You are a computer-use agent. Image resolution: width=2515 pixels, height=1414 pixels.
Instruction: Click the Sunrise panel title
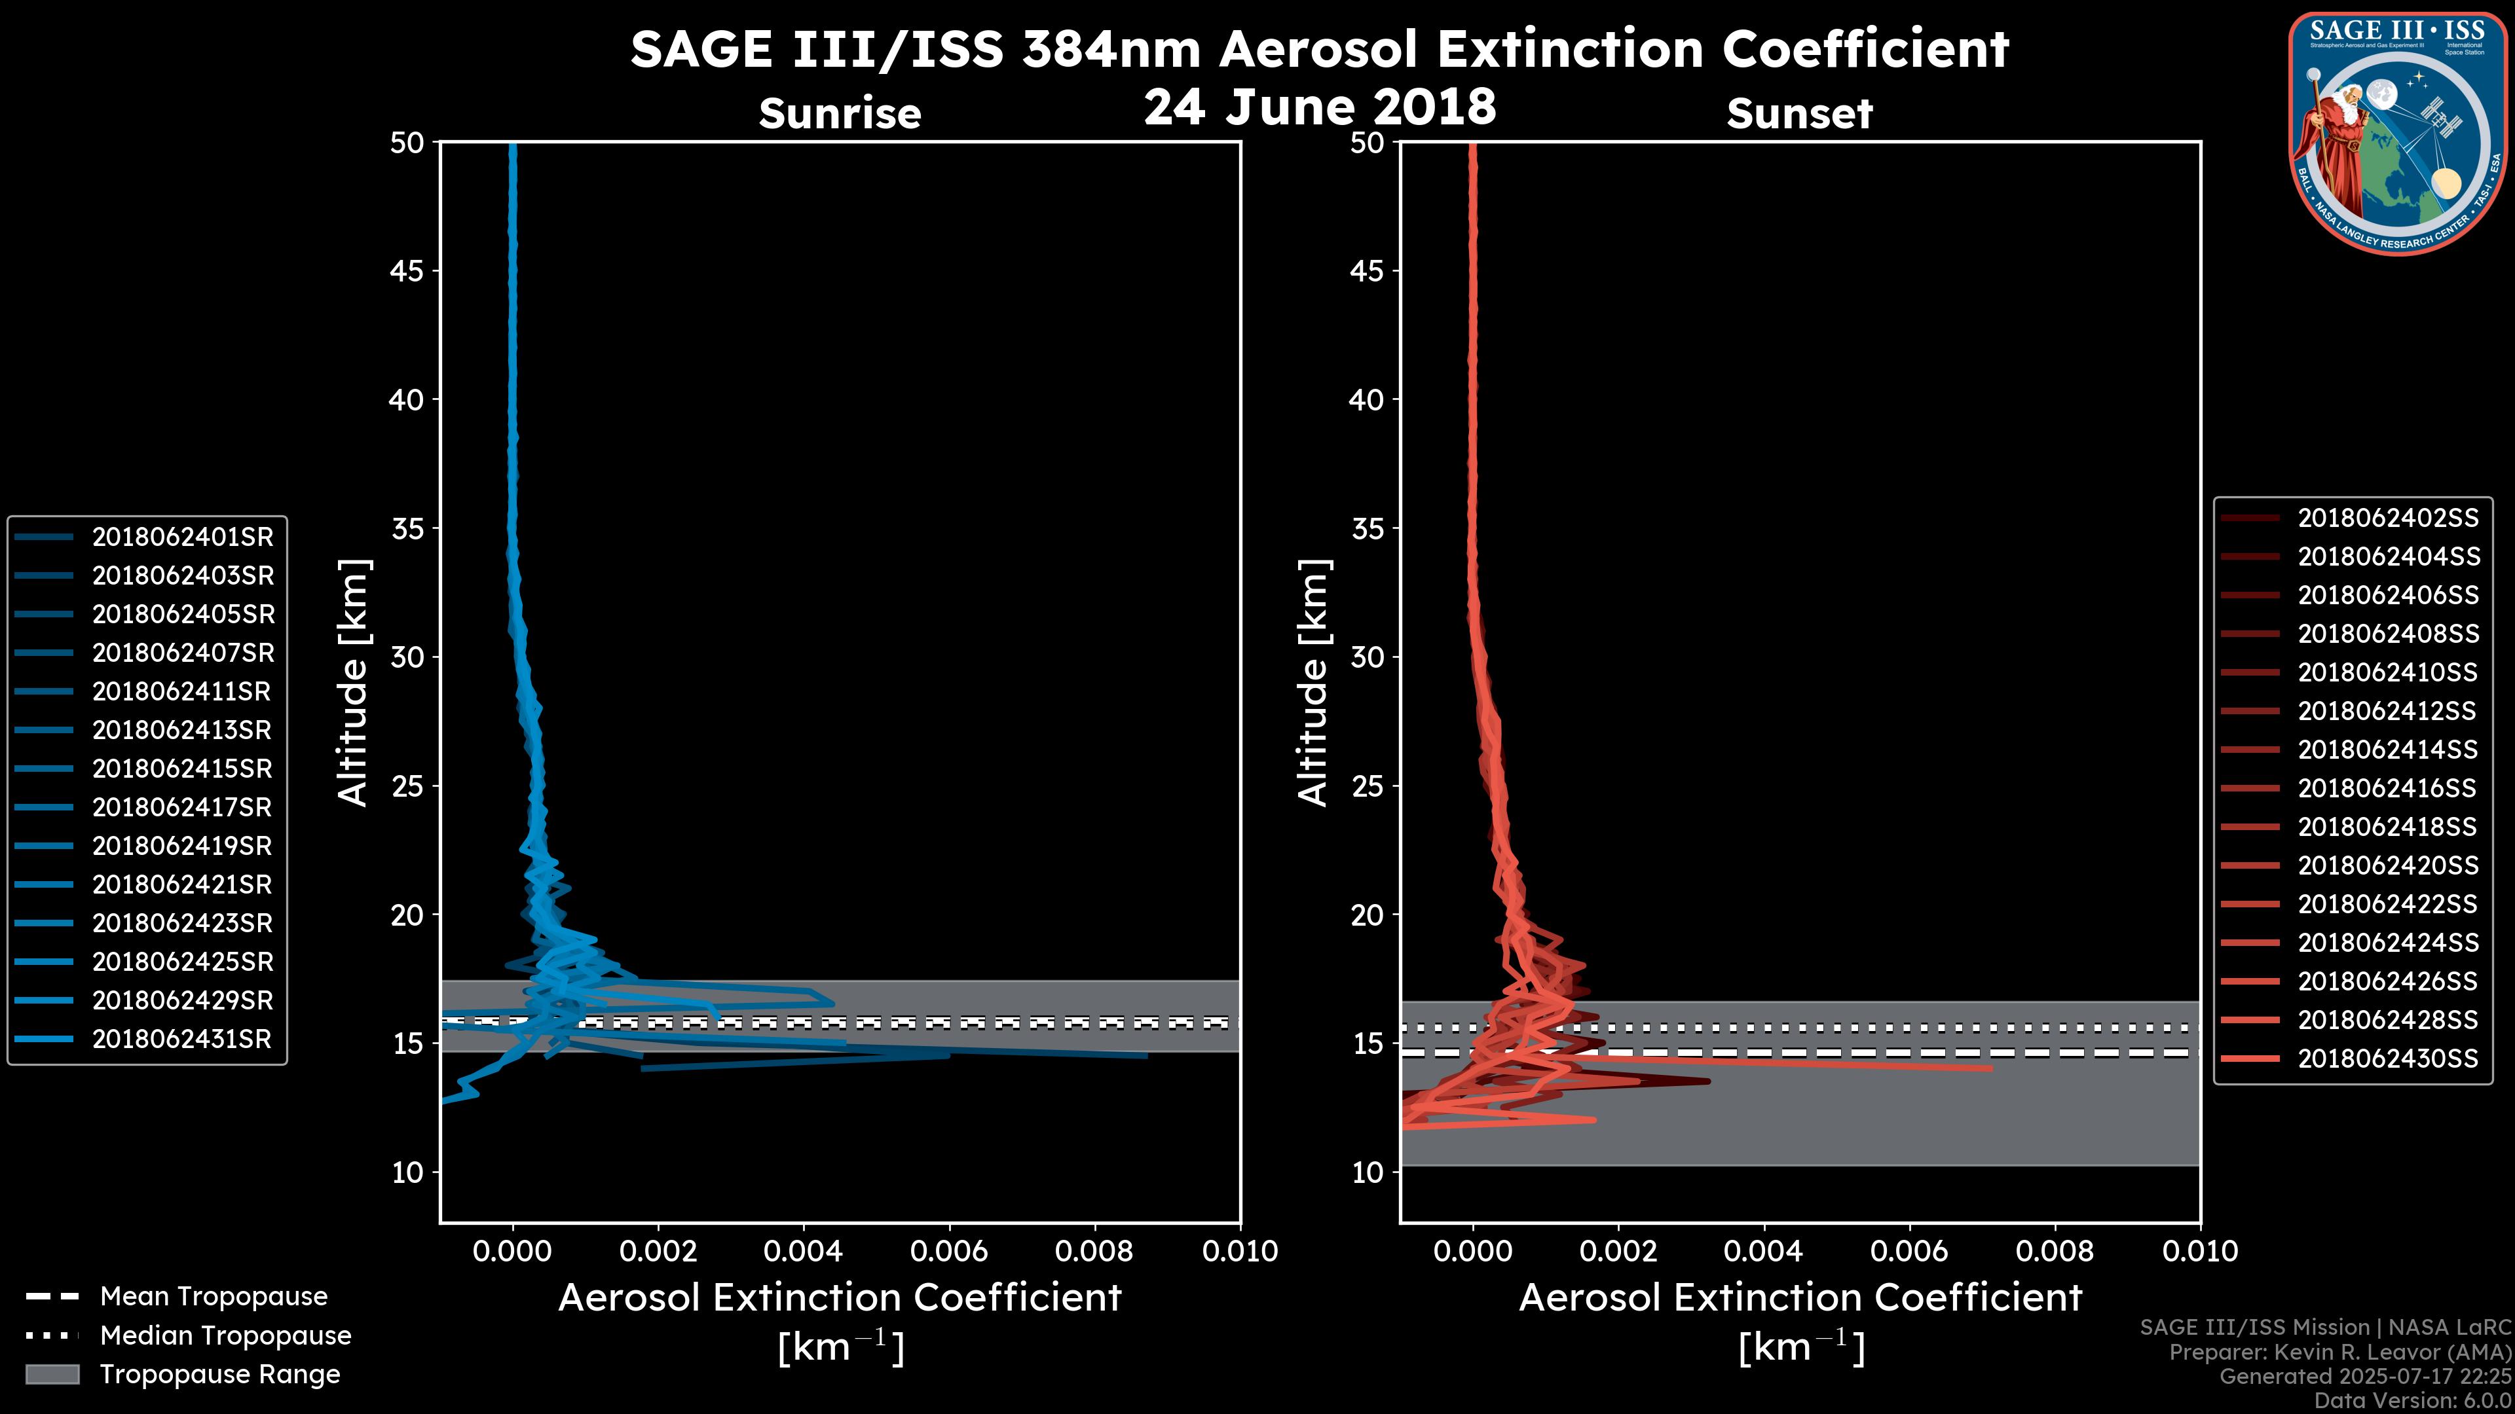840,113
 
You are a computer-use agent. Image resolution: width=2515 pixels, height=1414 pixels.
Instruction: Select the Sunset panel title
1799,113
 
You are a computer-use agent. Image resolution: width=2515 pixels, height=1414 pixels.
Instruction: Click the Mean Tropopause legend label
214,1296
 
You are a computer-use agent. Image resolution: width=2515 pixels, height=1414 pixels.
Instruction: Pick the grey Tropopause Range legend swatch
52,1374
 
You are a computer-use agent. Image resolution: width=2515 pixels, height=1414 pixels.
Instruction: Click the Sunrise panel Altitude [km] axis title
354,682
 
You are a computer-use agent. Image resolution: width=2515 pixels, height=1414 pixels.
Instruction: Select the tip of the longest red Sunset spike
1990,1068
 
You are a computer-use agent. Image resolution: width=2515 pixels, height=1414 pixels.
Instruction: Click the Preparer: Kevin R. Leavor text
2339,1352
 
